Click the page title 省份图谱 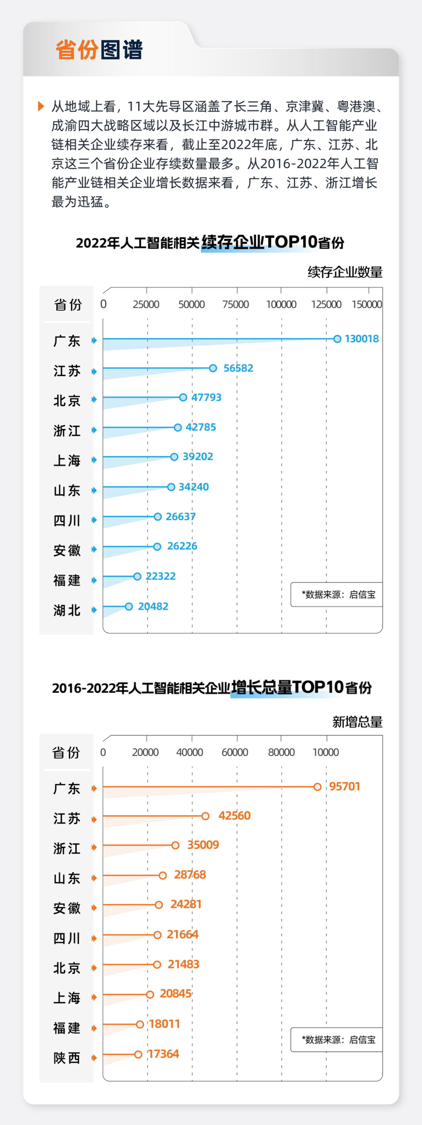(x=99, y=50)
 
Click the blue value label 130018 (x=362, y=339)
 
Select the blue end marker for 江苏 (x=213, y=368)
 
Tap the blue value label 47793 (x=206, y=397)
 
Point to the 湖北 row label (x=67, y=610)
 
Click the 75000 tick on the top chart (x=236, y=304)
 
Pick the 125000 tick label (x=326, y=304)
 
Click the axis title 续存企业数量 (x=345, y=272)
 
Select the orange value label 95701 (x=345, y=786)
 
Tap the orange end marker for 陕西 (x=138, y=1054)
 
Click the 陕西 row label (x=67, y=1058)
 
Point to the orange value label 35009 (x=203, y=845)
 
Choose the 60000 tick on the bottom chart (x=235, y=752)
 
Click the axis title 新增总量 (x=357, y=722)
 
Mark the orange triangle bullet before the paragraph (x=41, y=106)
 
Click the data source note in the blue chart (x=338, y=594)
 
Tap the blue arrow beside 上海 (x=94, y=460)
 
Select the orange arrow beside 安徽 (x=94, y=908)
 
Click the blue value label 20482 (x=153, y=606)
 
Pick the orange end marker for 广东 (x=318, y=787)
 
